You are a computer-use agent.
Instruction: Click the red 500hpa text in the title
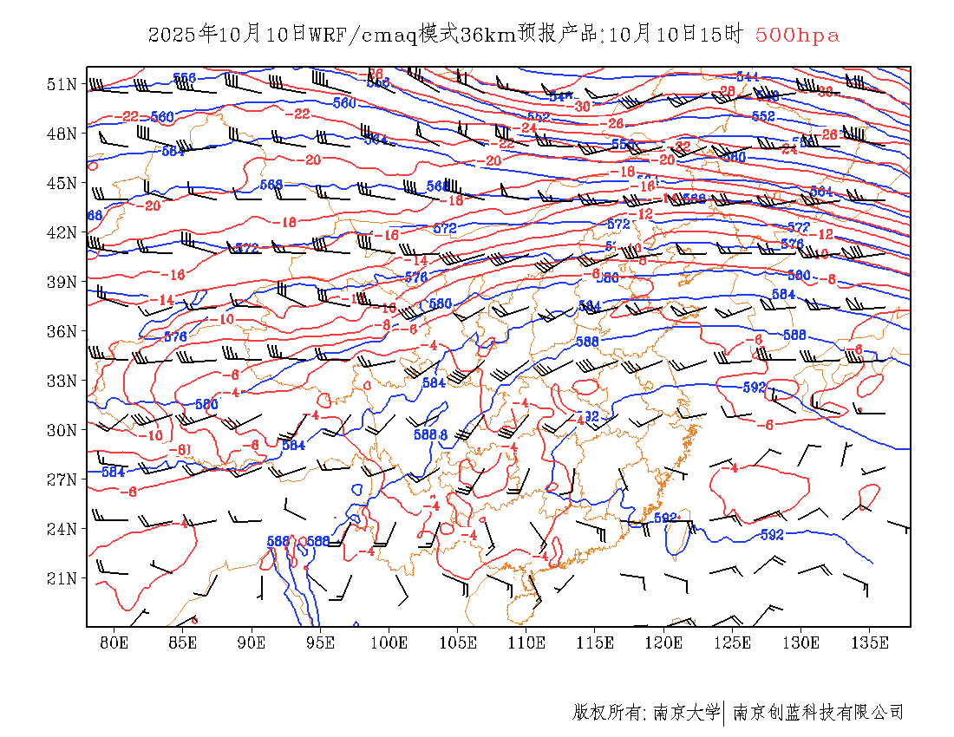797,36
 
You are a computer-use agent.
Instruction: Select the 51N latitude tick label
62,84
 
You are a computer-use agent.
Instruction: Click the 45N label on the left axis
62,183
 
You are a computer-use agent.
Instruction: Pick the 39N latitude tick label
62,282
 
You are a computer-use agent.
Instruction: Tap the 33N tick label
62,381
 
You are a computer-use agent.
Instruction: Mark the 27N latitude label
62,479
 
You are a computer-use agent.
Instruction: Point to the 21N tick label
62,578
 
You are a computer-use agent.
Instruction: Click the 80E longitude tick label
114,642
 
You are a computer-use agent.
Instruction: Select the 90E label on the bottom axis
252,642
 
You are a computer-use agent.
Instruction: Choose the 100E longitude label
389,642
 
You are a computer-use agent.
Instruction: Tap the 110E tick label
526,642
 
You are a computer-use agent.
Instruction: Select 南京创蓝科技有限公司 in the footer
819,713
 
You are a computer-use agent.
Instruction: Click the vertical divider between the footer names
724,713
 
